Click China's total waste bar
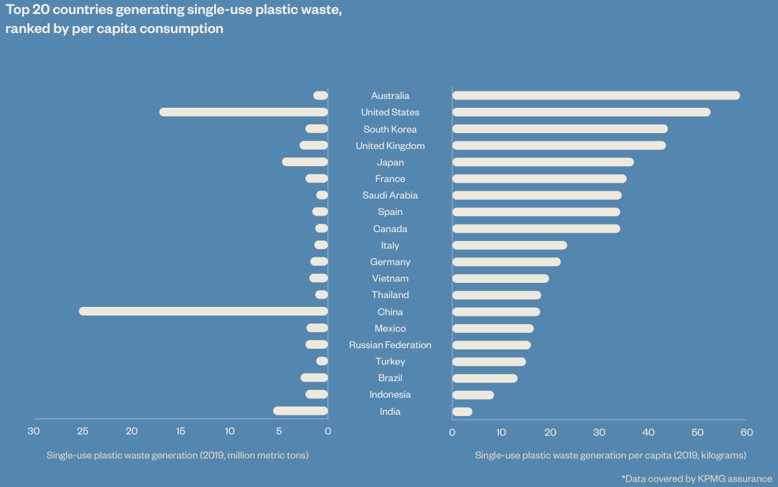pyautogui.click(x=203, y=311)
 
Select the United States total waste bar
pyautogui.click(x=244, y=112)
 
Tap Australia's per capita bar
pyautogui.click(x=596, y=96)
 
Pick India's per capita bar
pyautogui.click(x=462, y=412)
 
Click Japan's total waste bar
pyautogui.click(x=305, y=162)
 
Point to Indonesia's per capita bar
pyautogui.click(x=473, y=395)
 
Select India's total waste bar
pyautogui.click(x=300, y=411)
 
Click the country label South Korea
pyautogui.click(x=390, y=129)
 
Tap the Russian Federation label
pyautogui.click(x=390, y=345)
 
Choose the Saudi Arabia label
pyautogui.click(x=390, y=195)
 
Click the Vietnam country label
pyautogui.click(x=390, y=278)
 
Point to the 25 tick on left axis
pyautogui.click(x=82, y=432)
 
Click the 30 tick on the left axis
pyautogui.click(x=34, y=432)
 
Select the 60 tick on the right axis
pyautogui.click(x=746, y=432)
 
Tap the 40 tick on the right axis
pyautogui.click(x=648, y=432)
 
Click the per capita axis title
pyautogui.click(x=611, y=455)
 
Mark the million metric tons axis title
pyautogui.click(x=177, y=455)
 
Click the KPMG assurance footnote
pyautogui.click(x=697, y=479)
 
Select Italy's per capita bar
pyautogui.click(x=509, y=245)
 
